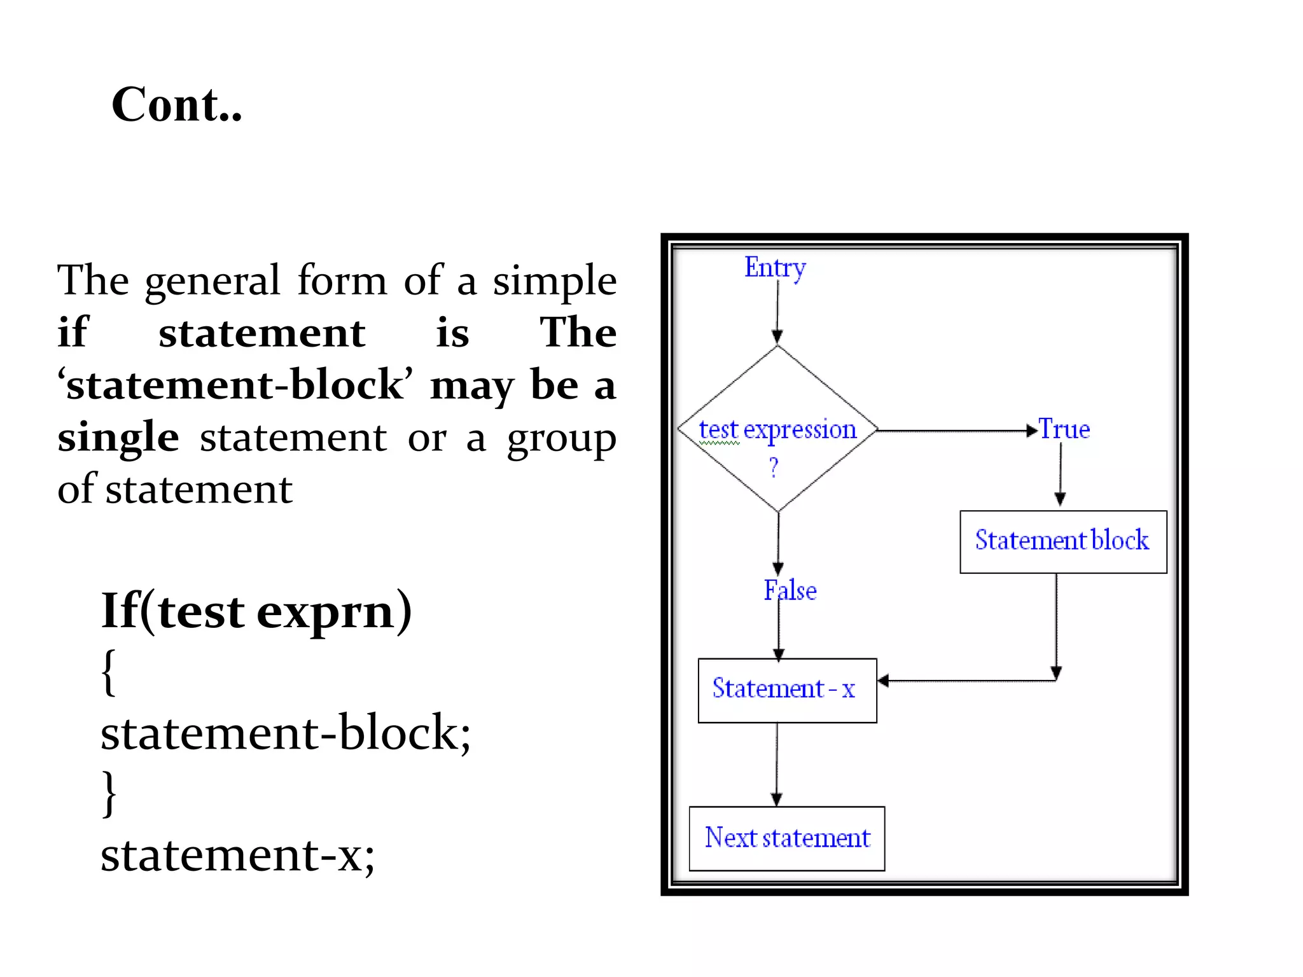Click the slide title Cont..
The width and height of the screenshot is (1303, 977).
176,105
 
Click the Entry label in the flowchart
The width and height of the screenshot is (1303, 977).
774,267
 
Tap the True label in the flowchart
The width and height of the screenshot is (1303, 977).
1064,429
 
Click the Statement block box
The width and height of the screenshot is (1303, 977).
1063,541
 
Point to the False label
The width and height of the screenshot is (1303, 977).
790,591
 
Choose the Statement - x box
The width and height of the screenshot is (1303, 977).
786,690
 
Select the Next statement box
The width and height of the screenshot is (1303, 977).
786,838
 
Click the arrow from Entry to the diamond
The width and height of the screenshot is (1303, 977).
777,312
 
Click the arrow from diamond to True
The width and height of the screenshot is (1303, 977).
954,431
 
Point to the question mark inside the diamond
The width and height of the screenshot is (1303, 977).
774,468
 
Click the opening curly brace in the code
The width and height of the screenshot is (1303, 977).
109,672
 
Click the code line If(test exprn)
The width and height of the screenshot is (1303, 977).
256,611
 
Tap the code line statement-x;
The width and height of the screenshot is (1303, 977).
237,855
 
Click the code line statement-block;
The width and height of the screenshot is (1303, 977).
286,733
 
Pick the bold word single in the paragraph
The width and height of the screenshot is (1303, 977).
118,438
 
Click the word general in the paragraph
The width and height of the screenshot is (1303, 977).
213,281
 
